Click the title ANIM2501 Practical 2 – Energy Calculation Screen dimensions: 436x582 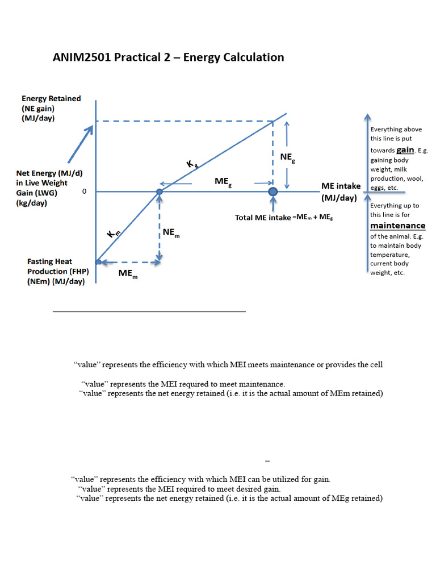click(x=168, y=57)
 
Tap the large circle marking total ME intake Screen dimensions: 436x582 click(x=273, y=192)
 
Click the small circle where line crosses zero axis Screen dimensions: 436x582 click(x=160, y=192)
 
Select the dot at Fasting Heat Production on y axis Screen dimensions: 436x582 click(x=98, y=262)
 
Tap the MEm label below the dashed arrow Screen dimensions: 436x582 click(x=128, y=274)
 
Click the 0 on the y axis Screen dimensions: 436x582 click(x=85, y=192)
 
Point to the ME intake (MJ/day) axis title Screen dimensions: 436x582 click(x=340, y=192)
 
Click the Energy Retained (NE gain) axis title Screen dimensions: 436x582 click(x=51, y=108)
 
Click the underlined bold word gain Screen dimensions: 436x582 click(x=405, y=150)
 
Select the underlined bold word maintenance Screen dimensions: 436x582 click(x=397, y=226)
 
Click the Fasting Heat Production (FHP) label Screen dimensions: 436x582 click(x=56, y=271)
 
